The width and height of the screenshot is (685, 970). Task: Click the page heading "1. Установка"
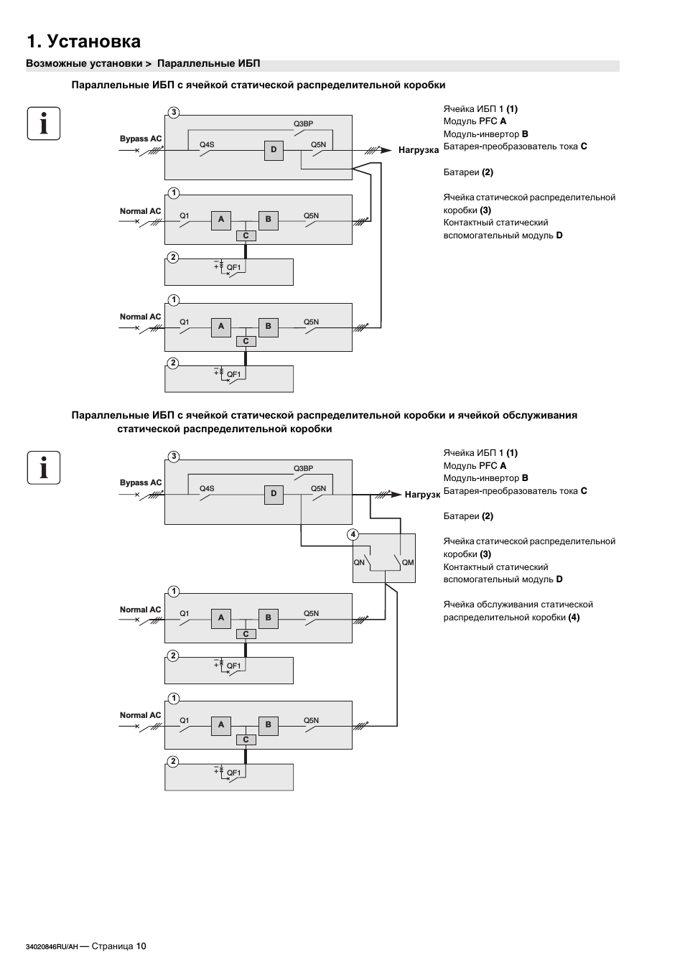[83, 42]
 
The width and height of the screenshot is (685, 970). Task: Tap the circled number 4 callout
[353, 534]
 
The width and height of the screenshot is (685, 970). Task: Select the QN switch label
[359, 562]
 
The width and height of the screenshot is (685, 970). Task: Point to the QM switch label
[408, 562]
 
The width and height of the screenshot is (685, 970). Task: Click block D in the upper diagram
[274, 150]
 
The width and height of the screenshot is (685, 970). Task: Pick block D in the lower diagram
[274, 494]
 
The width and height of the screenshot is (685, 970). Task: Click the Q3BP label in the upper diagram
[303, 123]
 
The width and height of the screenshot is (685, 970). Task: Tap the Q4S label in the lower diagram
[207, 488]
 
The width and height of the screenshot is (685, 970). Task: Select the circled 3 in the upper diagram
[174, 113]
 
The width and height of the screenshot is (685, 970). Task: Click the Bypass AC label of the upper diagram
[141, 139]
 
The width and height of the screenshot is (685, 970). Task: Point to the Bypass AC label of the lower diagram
[141, 482]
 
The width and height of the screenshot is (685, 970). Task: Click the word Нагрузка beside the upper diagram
[419, 150]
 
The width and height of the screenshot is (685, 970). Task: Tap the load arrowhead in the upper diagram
[386, 150]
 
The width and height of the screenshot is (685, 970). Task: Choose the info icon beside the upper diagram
[44, 123]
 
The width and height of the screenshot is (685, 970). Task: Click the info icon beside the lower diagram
[44, 467]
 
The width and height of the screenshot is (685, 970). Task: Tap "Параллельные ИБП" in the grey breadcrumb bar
[209, 64]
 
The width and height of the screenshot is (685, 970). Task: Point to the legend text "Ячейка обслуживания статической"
[518, 605]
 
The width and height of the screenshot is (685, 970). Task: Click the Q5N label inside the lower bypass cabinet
[318, 488]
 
